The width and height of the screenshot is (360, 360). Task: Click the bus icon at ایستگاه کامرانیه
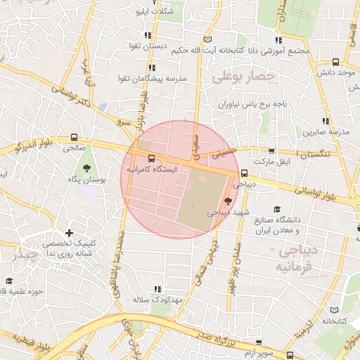click(x=150, y=158)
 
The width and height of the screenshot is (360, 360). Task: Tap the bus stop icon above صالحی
click(x=75, y=137)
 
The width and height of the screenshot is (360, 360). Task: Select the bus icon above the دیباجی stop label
click(x=244, y=173)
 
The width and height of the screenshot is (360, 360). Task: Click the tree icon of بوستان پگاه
click(x=86, y=168)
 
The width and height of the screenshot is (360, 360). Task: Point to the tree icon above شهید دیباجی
click(x=226, y=201)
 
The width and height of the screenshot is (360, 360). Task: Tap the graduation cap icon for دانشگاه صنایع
click(x=277, y=210)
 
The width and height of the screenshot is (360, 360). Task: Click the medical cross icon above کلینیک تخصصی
click(x=69, y=233)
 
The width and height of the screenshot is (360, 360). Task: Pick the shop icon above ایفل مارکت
click(x=271, y=150)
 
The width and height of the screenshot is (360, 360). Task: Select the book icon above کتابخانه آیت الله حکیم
click(x=206, y=39)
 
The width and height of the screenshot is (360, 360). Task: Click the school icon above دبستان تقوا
click(x=147, y=34)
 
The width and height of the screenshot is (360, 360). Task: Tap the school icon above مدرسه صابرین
click(x=325, y=121)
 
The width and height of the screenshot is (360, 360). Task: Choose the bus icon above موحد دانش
click(x=335, y=61)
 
